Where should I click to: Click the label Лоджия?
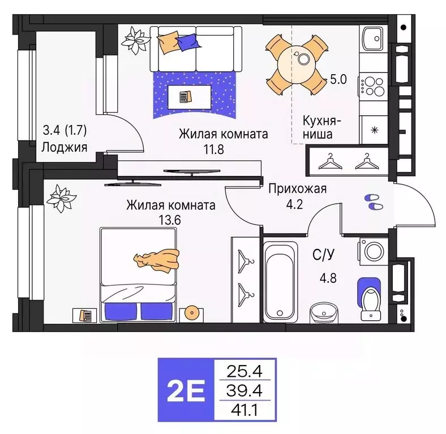click(x=64, y=148)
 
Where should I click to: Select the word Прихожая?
click(x=297, y=189)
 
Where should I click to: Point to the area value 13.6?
click(x=170, y=220)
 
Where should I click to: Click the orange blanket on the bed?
click(x=157, y=260)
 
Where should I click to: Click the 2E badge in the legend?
click(x=188, y=389)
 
